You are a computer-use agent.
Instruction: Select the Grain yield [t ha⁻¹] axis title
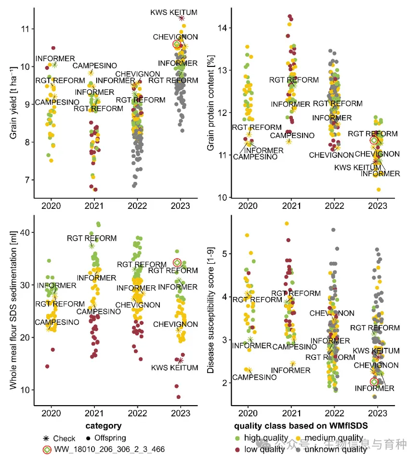pos(13,102)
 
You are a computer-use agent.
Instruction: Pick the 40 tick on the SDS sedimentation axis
pos(25,232)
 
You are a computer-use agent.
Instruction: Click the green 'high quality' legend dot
pos(237,438)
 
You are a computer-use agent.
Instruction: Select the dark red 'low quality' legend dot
pos(237,449)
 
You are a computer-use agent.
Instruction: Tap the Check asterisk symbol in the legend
pos(46,438)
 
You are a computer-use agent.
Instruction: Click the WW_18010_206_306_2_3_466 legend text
pos(109,449)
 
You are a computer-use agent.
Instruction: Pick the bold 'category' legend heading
pos(103,426)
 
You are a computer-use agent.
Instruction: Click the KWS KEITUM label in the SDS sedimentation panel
pos(174,368)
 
